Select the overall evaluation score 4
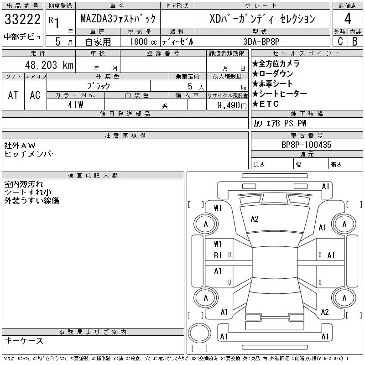348,20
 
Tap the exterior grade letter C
340,41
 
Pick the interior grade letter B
355,41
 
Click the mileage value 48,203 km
46,65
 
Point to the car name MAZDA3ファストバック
118,19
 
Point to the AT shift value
13,95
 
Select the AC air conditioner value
35,95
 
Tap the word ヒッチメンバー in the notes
31,154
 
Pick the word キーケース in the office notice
24,341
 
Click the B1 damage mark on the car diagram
218,255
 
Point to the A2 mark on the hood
255,219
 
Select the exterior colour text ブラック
99,86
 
